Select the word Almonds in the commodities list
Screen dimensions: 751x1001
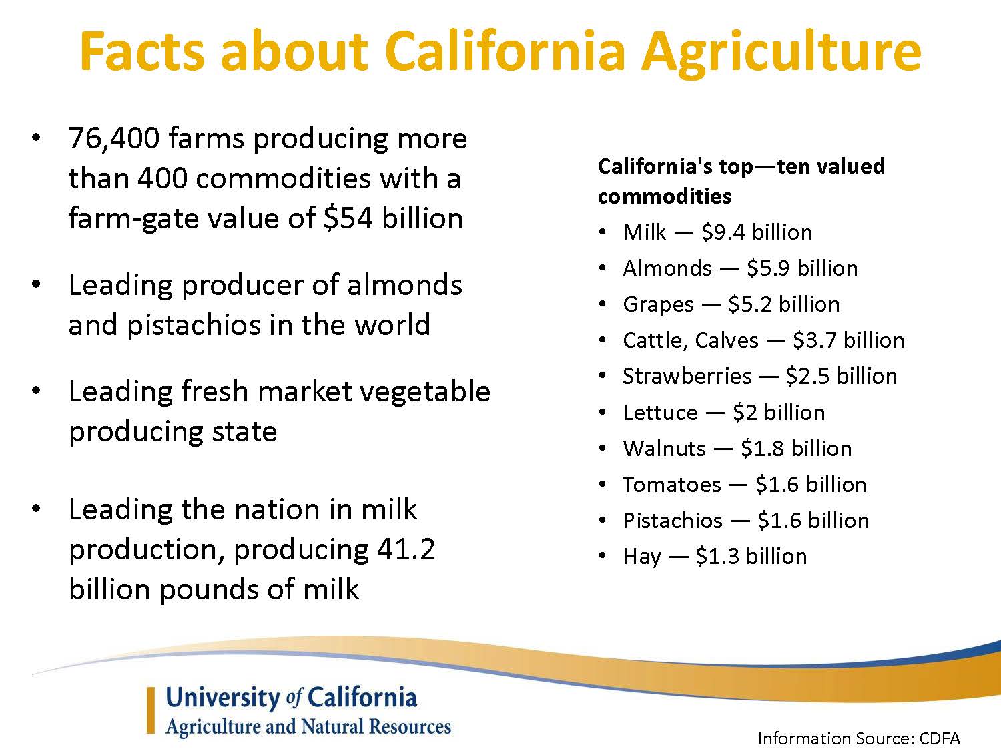(x=667, y=268)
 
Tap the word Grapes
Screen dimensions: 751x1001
(x=658, y=305)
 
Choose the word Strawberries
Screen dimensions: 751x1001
(x=687, y=377)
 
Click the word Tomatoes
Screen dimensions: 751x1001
(x=671, y=485)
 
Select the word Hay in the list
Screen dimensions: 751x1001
(x=642, y=557)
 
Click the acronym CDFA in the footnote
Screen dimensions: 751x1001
(x=940, y=739)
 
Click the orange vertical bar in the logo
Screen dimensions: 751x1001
(x=151, y=710)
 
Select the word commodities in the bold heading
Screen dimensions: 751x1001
(x=665, y=196)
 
